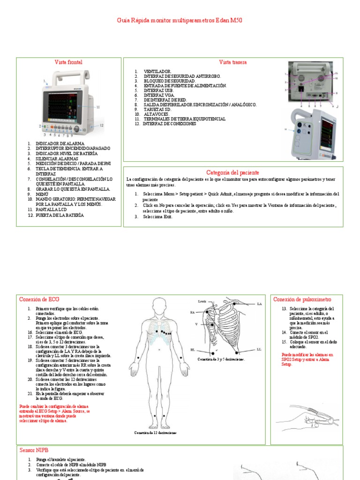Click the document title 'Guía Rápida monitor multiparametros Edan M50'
(180, 21)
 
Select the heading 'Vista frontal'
(68, 62)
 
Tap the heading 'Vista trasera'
(232, 62)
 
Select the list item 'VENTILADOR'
(154, 71)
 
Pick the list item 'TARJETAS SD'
(157, 109)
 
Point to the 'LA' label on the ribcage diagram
(259, 304)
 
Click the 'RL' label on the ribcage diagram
(193, 350)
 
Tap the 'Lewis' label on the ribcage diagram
(202, 301)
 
